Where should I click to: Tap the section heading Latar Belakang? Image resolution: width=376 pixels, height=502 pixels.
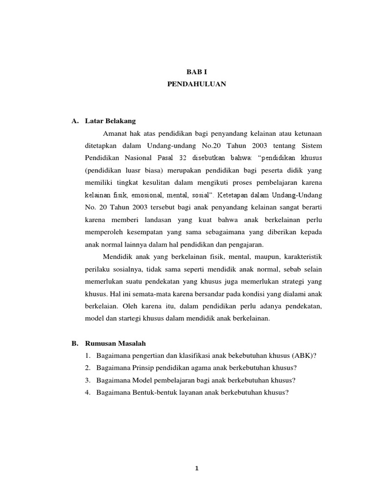(x=110, y=120)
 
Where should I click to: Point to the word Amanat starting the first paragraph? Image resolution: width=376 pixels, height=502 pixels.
(x=116, y=133)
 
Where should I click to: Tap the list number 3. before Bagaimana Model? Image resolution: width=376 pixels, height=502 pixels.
(x=87, y=381)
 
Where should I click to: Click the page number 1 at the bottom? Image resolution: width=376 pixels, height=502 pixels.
(x=196, y=468)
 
